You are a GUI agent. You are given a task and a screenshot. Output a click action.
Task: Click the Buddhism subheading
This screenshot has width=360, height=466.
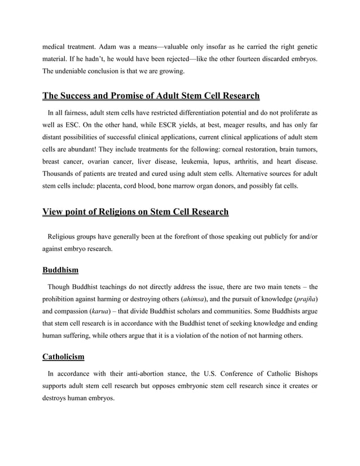tap(60, 270)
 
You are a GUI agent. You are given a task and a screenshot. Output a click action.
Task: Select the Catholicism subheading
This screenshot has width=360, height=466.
tap(65, 357)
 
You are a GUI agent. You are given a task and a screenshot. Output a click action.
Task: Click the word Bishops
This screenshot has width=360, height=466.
tap(300, 373)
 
